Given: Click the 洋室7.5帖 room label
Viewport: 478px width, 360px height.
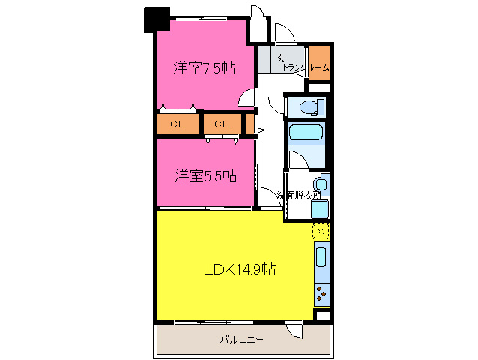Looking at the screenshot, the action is (205, 68).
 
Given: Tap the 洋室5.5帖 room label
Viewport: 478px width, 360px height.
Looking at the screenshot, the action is (205, 175).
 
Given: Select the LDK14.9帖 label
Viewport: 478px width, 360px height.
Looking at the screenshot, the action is (240, 269).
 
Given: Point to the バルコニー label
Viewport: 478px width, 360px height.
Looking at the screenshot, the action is (242, 340).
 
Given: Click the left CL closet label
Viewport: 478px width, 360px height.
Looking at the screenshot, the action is (178, 124).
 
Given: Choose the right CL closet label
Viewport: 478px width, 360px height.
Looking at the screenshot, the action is (222, 124).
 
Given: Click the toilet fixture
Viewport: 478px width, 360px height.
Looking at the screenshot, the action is (312, 107).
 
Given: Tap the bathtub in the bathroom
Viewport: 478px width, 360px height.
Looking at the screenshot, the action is (306, 133).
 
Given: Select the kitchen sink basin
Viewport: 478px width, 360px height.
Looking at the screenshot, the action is (321, 256).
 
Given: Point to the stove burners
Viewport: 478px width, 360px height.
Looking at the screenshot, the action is (321, 294).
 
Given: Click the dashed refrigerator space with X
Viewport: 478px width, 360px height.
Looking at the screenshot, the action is (321, 232).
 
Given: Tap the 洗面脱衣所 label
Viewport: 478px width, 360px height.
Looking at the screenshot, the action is (299, 196).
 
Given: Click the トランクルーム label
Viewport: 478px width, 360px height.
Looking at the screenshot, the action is (306, 67).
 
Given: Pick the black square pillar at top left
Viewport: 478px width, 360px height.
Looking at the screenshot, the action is (157, 19).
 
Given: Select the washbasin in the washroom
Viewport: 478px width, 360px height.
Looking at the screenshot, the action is (321, 184).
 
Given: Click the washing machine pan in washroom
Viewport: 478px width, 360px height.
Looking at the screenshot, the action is (320, 209).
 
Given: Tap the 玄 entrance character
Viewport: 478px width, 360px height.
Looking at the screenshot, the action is (280, 58).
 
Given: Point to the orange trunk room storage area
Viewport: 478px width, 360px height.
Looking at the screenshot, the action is (319, 62).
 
